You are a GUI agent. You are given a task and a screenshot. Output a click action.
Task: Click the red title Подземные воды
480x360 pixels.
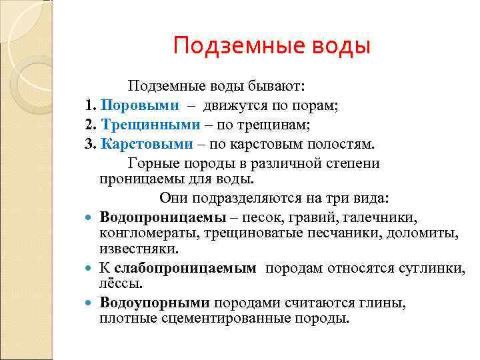pos(271,46)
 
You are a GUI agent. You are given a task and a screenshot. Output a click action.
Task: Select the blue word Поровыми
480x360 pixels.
pos(141,105)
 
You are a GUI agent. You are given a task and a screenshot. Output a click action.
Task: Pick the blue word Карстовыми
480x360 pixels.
pos(147,144)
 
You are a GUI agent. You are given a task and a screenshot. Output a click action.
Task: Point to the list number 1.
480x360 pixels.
pos(89,105)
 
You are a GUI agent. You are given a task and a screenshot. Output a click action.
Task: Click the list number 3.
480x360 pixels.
pos(89,144)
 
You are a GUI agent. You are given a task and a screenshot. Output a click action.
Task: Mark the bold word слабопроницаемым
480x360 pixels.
pos(185,268)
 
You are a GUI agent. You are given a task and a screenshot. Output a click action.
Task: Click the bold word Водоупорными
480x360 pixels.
pos(155,303)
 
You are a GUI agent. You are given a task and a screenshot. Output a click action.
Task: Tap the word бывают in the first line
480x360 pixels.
pos(278,86)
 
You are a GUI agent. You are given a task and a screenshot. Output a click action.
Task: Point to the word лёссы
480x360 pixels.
pos(121,283)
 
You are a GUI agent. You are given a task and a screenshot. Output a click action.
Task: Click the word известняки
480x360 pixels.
pos(139,249)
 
